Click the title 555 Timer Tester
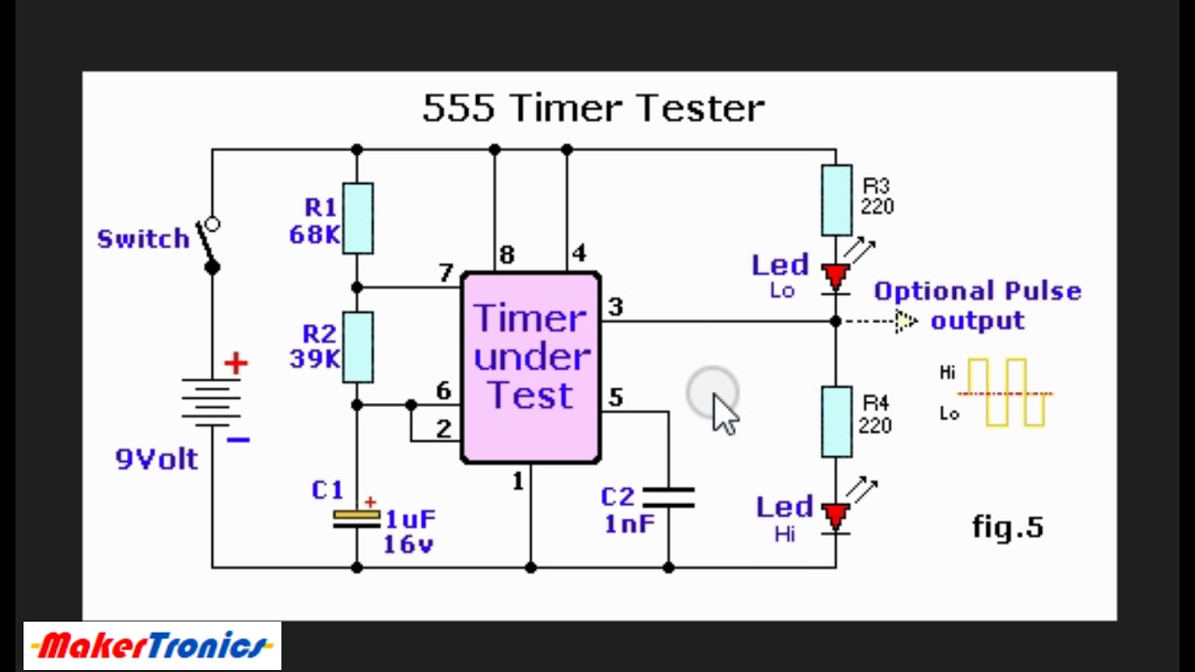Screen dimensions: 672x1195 click(594, 108)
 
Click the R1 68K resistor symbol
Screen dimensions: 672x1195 click(358, 217)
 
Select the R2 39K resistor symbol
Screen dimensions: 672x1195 click(358, 347)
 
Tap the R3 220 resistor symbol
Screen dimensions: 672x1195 click(836, 200)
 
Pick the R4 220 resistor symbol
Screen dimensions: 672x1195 click(836, 422)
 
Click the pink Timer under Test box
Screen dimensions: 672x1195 click(531, 367)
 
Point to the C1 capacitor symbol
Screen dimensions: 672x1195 click(357, 519)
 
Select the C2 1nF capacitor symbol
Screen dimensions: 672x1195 click(668, 497)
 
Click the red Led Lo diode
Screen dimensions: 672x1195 click(836, 277)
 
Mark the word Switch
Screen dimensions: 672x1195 click(143, 239)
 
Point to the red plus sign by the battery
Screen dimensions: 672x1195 click(235, 364)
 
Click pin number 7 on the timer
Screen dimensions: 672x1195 click(445, 273)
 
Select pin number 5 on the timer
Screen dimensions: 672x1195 click(615, 398)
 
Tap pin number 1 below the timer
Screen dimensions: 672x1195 click(517, 482)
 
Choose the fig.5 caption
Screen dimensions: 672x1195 click(1007, 527)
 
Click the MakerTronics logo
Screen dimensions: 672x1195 click(152, 646)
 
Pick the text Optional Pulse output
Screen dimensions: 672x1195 click(977, 305)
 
